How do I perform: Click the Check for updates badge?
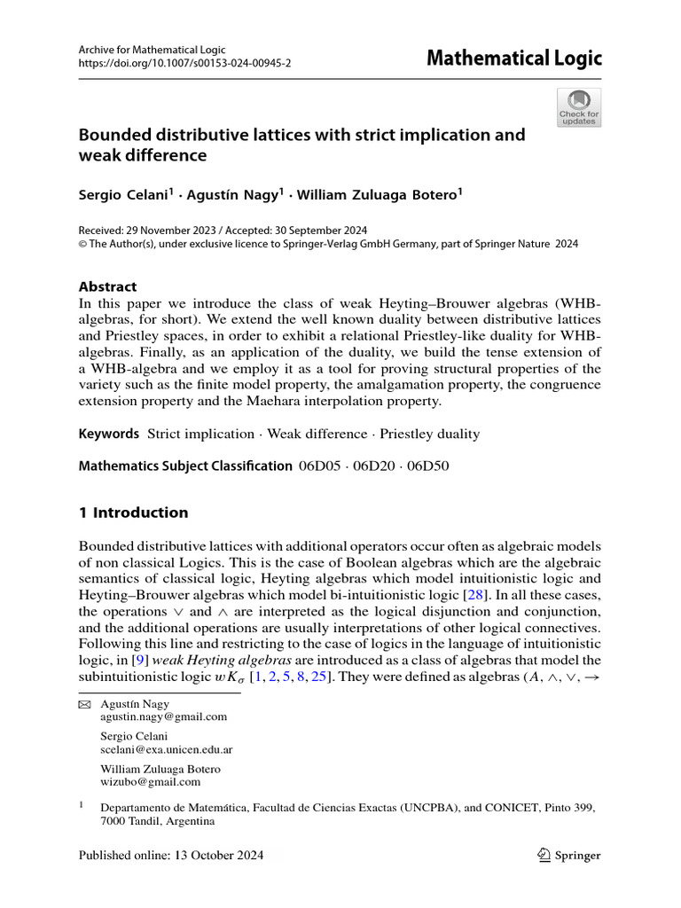[578, 107]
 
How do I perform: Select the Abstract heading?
[108, 286]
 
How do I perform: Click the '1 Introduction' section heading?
[134, 513]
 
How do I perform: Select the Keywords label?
[109, 434]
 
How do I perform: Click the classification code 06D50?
[427, 466]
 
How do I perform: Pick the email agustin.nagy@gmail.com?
[164, 716]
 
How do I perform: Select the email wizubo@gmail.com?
[151, 782]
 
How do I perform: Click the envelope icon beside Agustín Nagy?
[85, 703]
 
